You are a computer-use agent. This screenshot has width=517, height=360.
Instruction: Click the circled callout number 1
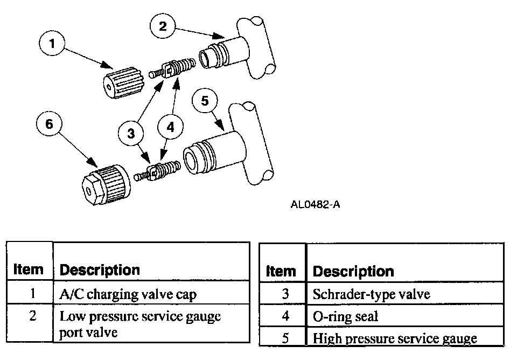click(52, 44)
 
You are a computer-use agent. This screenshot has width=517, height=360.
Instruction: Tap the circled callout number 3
click(131, 133)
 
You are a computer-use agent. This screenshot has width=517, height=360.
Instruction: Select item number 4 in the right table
click(285, 316)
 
